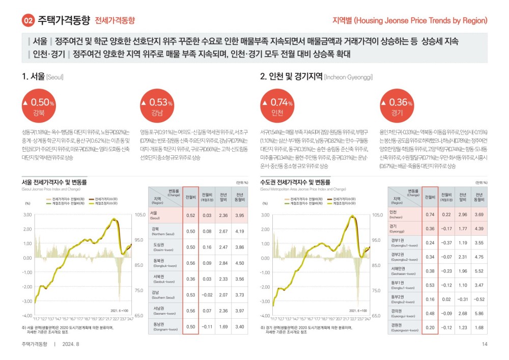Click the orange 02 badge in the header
27,21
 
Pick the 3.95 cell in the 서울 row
239,215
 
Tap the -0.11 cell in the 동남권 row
207,326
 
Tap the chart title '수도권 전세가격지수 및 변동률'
295,182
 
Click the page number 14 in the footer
484,345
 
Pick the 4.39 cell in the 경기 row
478,228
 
